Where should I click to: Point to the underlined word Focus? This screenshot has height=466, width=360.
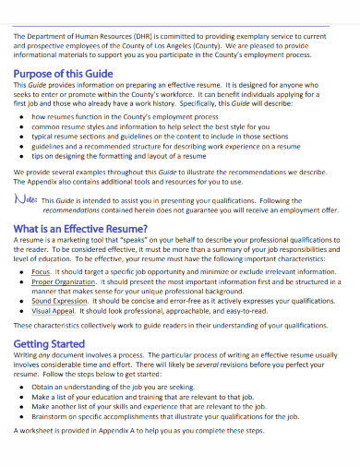[x=41, y=274]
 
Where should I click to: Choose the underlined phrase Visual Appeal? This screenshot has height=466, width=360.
[x=51, y=311]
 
